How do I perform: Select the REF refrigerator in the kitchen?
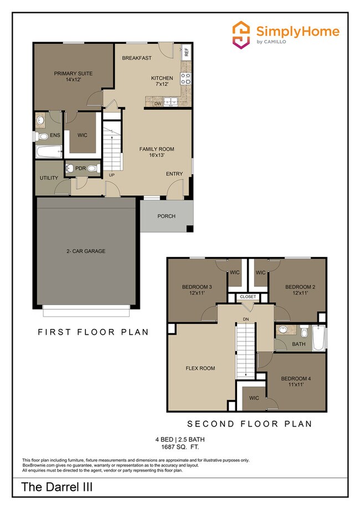coord(187,53)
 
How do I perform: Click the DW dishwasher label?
coord(158,104)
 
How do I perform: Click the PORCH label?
coord(166,216)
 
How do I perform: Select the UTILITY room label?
coord(49,178)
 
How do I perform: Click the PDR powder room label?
coord(80,168)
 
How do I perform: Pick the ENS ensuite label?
coord(55,135)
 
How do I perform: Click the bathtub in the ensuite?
coord(48,151)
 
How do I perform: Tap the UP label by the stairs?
coord(111,175)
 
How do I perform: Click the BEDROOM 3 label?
coord(197,290)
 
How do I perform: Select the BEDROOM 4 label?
coord(296,382)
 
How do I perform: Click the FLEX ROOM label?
coord(200,368)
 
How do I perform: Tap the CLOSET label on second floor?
coord(248,297)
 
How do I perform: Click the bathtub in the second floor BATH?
coord(318,338)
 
